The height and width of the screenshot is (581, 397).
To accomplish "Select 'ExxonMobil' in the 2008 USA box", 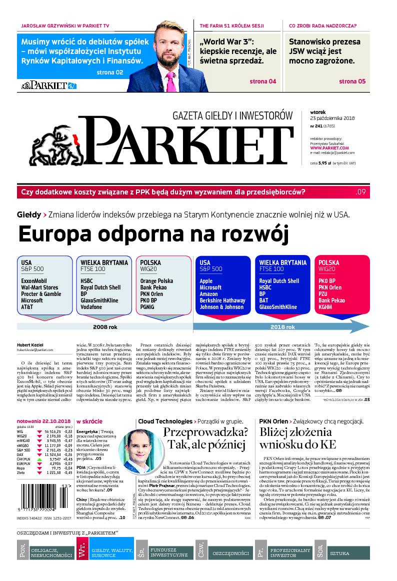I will tap(34, 281).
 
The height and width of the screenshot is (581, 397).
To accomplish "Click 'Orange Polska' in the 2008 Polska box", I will tap(156, 281).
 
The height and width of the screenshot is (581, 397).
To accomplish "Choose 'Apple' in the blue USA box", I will tap(206, 281).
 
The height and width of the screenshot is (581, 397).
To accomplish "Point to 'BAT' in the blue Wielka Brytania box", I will tap(264, 300).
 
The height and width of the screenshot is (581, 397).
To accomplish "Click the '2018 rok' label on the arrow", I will tap(283, 327).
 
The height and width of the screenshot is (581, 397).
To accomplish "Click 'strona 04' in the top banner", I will tap(262, 81).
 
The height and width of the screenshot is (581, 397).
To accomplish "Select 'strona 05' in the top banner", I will tap(352, 81).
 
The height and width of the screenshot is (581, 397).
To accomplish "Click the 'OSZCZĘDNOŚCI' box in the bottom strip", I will tap(230, 554).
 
